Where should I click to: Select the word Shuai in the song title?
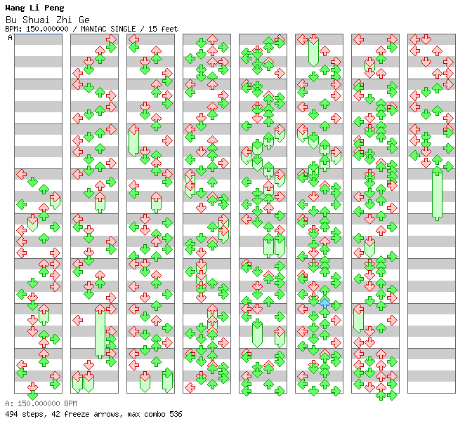(x=36, y=20)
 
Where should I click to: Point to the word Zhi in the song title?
(x=64, y=20)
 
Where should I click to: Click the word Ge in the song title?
(x=84, y=20)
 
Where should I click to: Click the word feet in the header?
(x=169, y=29)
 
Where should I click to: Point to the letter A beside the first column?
(x=11, y=38)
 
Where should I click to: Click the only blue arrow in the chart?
(x=324, y=303)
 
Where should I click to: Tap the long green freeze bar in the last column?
(x=437, y=194)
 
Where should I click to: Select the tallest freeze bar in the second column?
(x=100, y=332)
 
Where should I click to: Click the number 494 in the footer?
(x=11, y=414)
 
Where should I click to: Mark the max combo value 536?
(x=176, y=414)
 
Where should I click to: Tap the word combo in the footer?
(x=155, y=414)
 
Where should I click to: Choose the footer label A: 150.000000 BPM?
(x=41, y=403)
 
